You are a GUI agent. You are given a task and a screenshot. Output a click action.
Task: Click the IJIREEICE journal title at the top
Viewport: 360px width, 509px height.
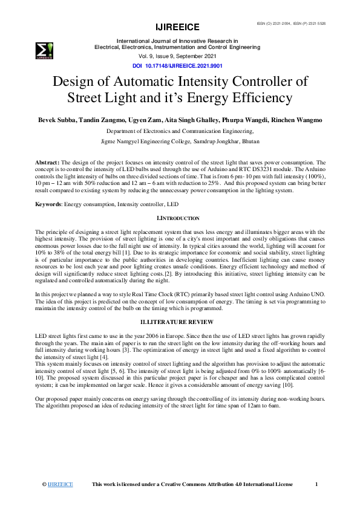pyautogui.click(x=178, y=27)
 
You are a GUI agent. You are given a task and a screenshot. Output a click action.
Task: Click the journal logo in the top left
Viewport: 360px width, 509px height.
pyautogui.click(x=44, y=51)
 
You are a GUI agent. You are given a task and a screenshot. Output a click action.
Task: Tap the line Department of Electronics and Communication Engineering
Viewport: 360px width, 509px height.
pyautogui.click(x=180, y=131)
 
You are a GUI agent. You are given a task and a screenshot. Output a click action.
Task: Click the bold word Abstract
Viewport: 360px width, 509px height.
pyautogui.click(x=47, y=163)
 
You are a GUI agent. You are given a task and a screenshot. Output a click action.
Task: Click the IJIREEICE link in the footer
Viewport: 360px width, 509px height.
pyautogui.click(x=61, y=484)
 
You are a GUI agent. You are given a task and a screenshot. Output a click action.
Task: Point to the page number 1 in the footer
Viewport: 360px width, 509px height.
pyautogui.click(x=317, y=484)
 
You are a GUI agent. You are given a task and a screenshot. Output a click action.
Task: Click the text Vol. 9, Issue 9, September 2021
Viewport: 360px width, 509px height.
pyautogui.click(x=178, y=55)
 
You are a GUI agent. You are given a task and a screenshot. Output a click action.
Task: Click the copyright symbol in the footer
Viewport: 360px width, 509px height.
pyautogui.click(x=44, y=484)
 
